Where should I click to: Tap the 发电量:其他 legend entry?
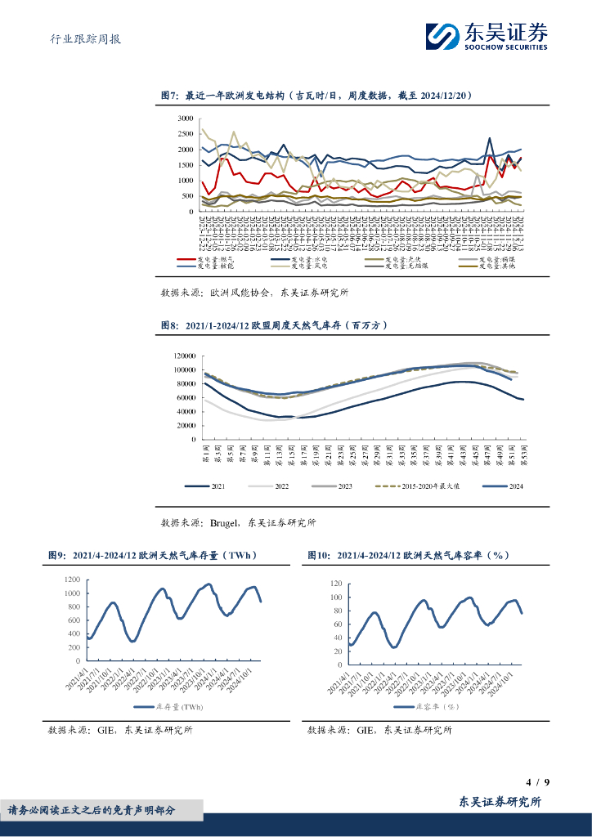click(498, 266)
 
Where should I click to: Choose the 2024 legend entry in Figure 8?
click(504, 486)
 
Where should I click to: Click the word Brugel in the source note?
click(224, 522)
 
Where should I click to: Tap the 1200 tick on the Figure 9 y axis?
click(71, 580)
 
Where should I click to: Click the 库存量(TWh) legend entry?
click(174, 707)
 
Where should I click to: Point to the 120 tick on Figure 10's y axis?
click(333, 584)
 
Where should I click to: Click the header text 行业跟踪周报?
click(79, 38)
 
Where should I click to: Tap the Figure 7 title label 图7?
click(169, 96)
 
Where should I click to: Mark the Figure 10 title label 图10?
click(318, 555)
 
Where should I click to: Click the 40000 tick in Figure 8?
click(184, 411)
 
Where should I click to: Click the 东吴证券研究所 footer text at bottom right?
click(500, 802)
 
